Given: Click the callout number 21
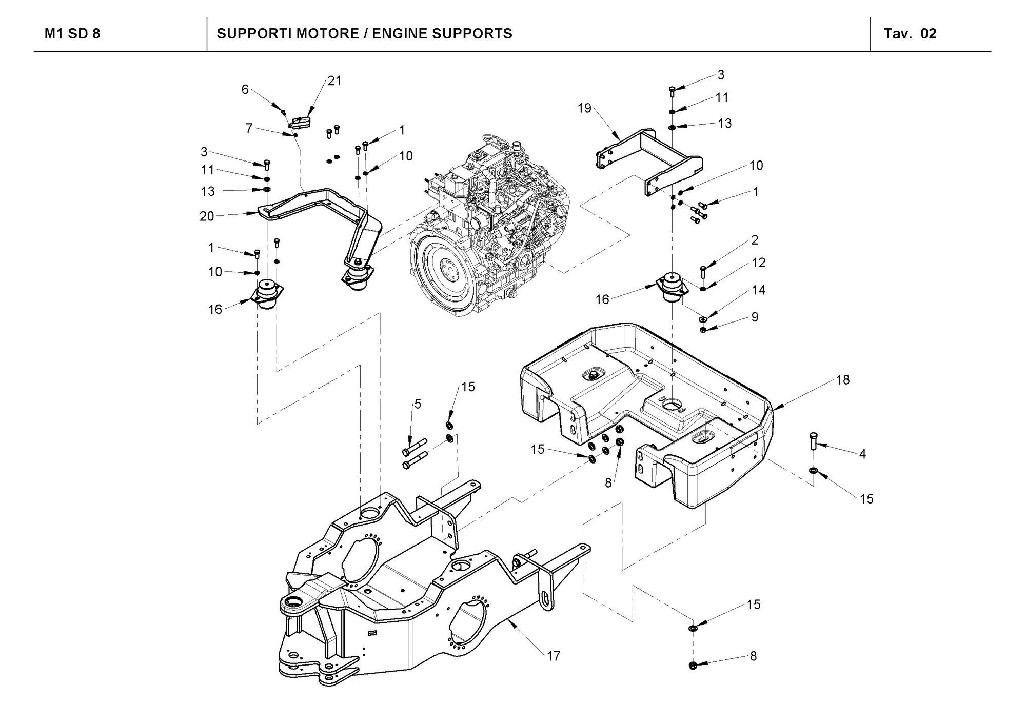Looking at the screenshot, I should pos(334,81).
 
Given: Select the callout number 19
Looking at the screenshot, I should pos(585,108).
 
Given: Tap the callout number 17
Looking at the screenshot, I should pos(554,656).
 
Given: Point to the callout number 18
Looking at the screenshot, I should pos(843,380).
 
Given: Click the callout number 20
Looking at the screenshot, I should pos(207,216).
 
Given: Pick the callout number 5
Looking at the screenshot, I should pos(418,404).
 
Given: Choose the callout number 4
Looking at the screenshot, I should pos(862,454).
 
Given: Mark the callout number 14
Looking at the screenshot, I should pos(759,290).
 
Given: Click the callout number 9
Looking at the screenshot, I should pos(755,317).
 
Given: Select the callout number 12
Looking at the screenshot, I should pos(759,263).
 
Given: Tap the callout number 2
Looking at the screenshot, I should pos(755,240).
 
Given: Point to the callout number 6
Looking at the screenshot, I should pos(245,90).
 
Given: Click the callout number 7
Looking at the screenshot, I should pos(249,128).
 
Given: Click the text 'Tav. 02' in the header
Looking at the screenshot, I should pos(910,34).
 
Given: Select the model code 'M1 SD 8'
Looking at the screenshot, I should pos(72,34).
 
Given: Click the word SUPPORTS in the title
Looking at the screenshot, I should pos(472,34).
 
